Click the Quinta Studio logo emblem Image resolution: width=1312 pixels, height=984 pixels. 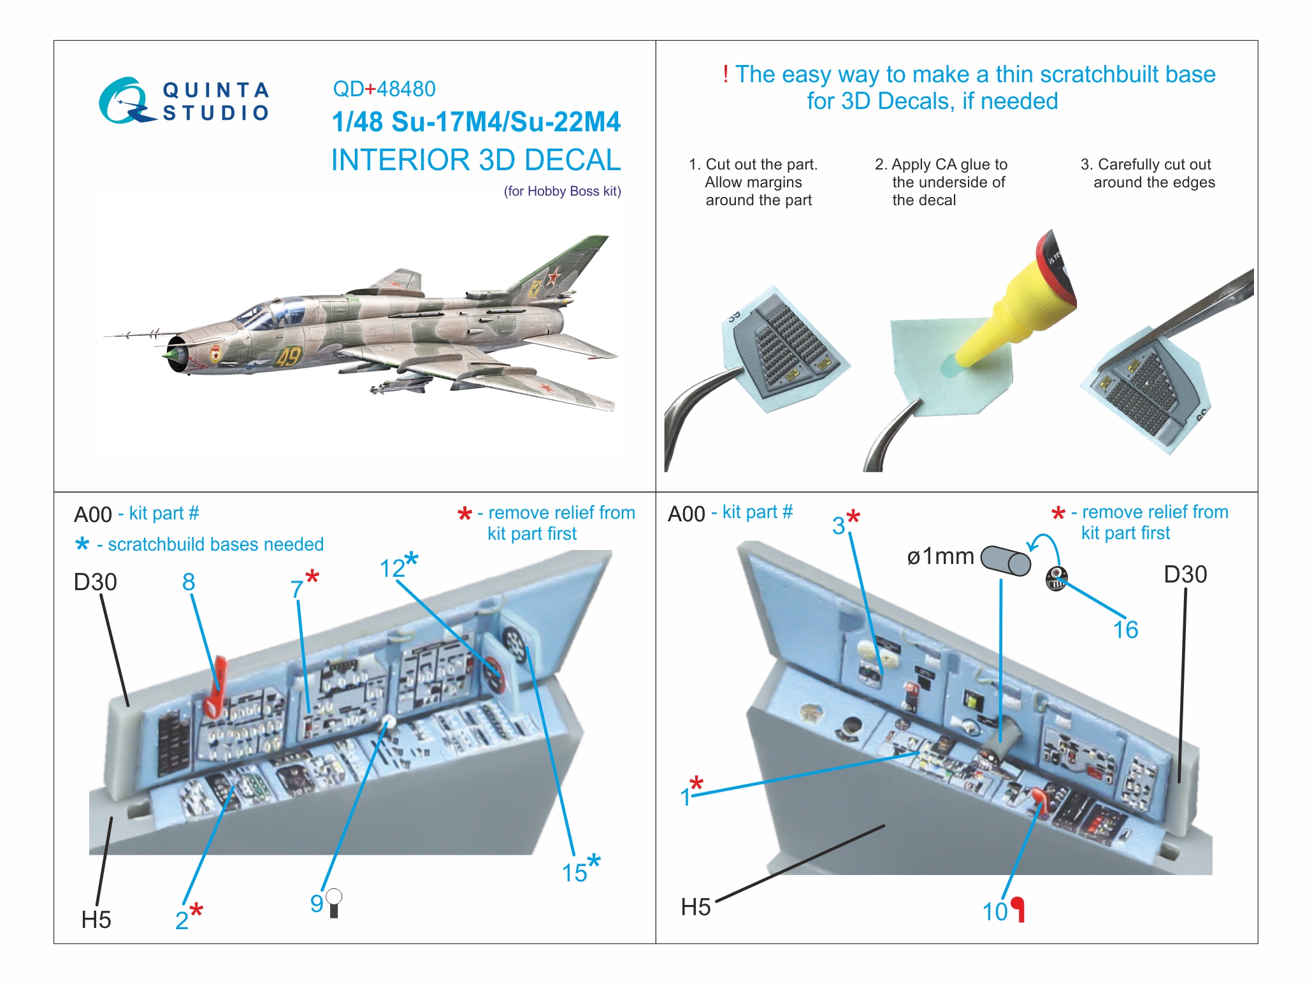[125, 101]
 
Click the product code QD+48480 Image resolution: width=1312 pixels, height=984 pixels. [384, 89]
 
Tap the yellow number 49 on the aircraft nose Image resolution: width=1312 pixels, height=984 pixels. [288, 356]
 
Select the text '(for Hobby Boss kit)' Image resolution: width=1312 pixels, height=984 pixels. [562, 191]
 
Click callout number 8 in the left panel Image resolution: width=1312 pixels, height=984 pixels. [189, 581]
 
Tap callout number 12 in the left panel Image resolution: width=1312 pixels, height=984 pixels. [392, 568]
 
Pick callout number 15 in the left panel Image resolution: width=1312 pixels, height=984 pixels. [573, 872]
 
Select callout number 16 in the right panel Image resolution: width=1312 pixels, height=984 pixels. [1125, 630]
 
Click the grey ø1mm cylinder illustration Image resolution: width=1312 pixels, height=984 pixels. [1006, 560]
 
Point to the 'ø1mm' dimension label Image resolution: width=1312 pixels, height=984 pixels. [940, 556]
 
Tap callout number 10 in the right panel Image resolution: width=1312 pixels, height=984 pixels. [995, 911]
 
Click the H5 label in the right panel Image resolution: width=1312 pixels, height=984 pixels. [695, 906]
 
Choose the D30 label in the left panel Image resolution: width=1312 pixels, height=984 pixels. [95, 582]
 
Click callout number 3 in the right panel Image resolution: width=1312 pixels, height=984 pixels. [839, 526]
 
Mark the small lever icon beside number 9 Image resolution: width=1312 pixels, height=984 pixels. [334, 904]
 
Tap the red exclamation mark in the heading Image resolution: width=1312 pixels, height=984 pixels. [725, 75]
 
